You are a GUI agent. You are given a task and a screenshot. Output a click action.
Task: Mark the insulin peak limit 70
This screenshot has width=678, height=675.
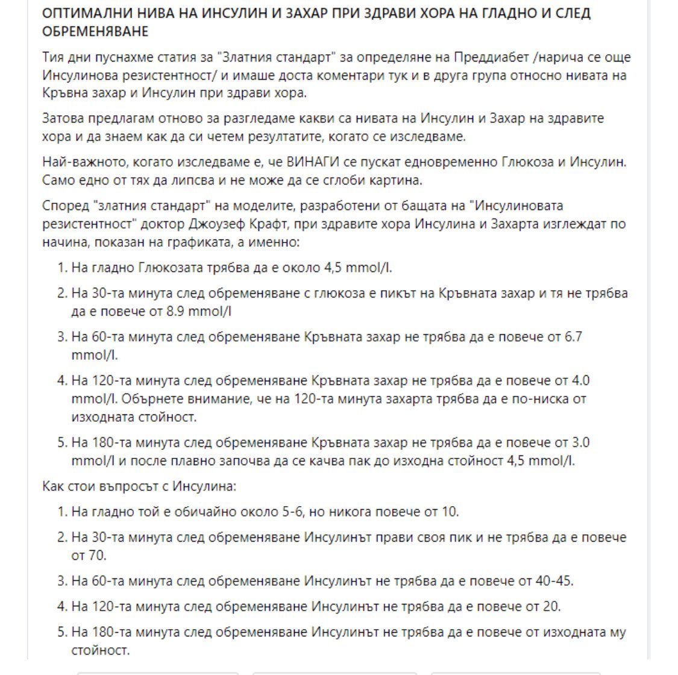pyautogui.click(x=97, y=555)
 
